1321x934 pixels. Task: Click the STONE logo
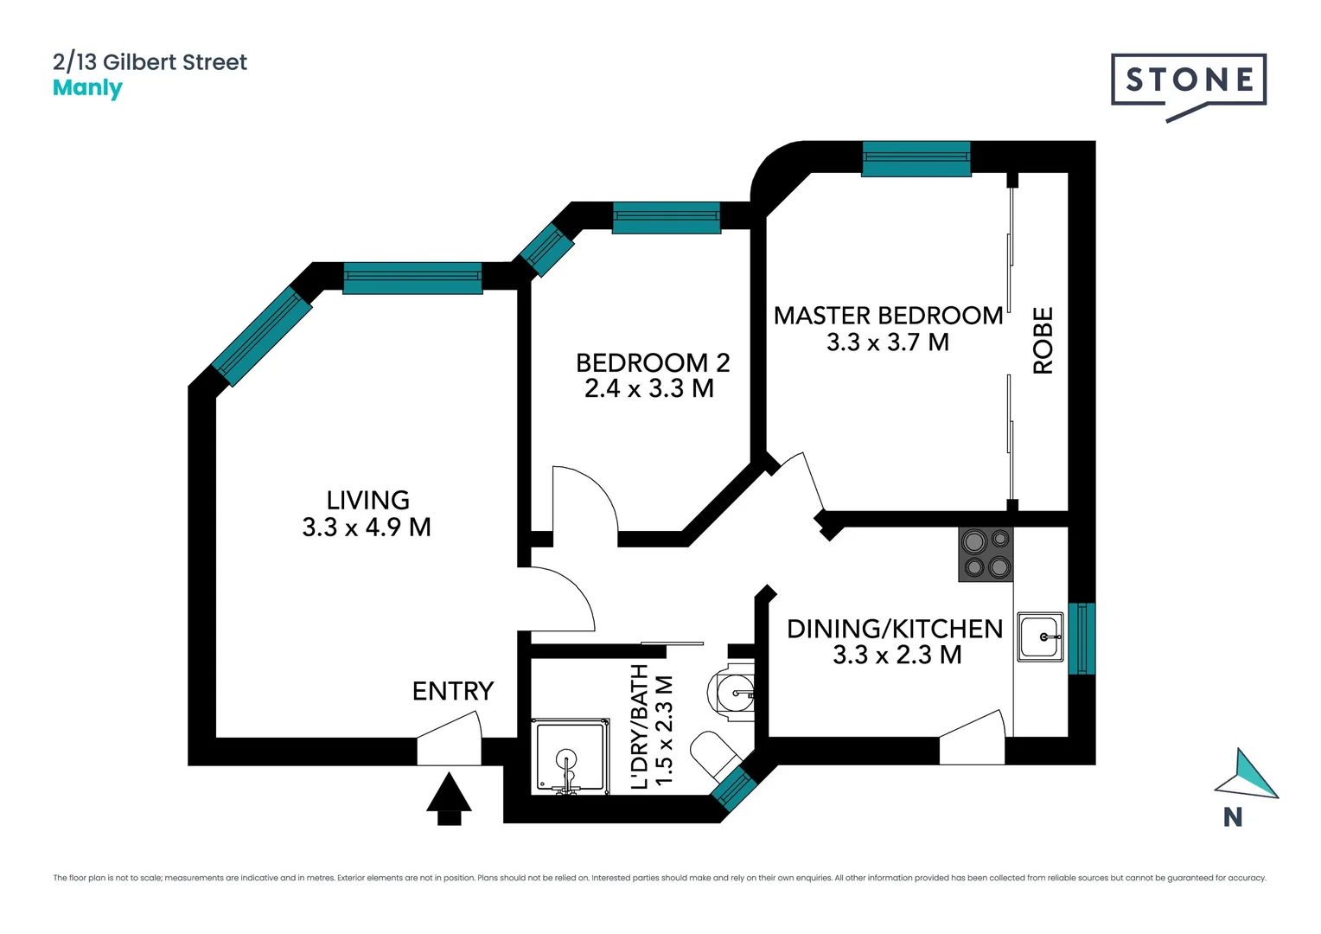(x=1189, y=83)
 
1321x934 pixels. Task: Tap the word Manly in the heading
(x=87, y=88)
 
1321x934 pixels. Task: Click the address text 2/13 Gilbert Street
(x=150, y=62)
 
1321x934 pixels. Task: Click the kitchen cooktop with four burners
(x=986, y=554)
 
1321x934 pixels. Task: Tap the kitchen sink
(x=1040, y=637)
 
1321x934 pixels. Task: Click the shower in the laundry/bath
(x=570, y=758)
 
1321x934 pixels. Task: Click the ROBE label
(x=1043, y=341)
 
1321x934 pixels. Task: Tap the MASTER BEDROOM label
(x=888, y=316)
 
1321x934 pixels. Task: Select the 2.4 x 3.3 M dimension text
(x=649, y=389)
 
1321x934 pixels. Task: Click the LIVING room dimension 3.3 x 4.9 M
(x=367, y=528)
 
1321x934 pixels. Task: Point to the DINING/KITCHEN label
(x=895, y=629)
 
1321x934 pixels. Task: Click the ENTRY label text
(x=453, y=691)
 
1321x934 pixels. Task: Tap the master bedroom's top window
(x=916, y=159)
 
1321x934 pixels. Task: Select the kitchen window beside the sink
(x=1082, y=638)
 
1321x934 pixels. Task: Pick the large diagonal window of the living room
(x=262, y=336)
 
